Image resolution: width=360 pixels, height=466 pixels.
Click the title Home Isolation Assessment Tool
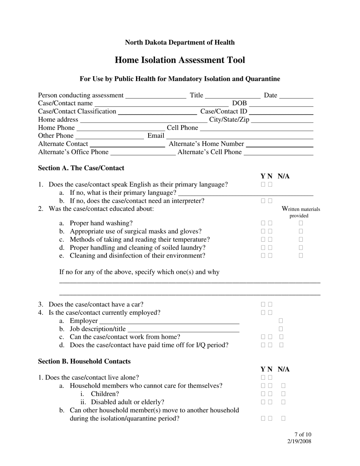click(180, 60)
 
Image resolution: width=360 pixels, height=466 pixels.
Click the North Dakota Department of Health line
click(180, 42)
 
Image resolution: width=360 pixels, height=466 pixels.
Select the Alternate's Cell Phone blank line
click(279, 153)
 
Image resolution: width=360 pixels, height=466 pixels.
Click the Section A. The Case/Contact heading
click(81, 168)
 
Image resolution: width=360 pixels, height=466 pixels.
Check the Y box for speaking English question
click(263, 185)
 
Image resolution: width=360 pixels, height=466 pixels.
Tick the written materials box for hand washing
click(301, 223)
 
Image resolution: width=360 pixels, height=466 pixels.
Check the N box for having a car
click(270, 304)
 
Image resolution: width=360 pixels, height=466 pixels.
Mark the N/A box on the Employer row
click(281, 321)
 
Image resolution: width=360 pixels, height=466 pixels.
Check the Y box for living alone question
click(263, 377)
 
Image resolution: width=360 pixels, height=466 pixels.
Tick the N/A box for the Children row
click(283, 394)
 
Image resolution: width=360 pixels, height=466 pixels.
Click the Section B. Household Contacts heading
click(84, 361)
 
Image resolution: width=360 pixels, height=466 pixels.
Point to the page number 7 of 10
click(302, 435)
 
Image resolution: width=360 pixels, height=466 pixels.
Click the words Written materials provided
click(301, 212)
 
